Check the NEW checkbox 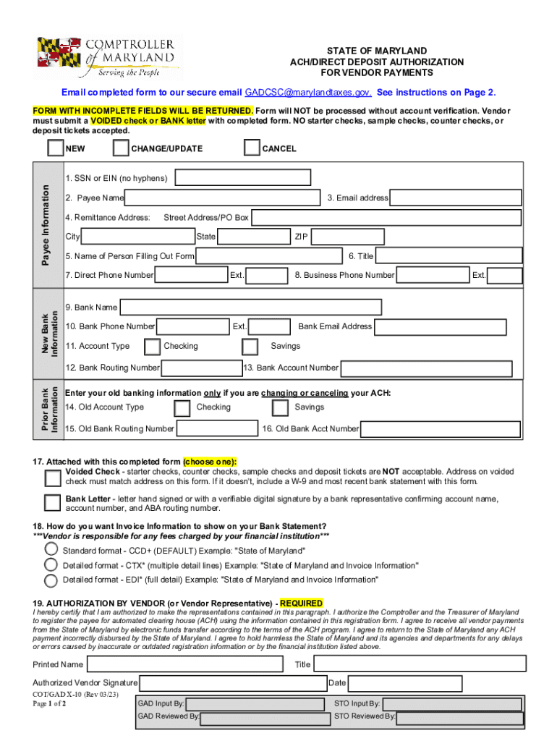55,148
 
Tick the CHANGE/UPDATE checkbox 121,148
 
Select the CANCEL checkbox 251,148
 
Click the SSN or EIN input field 242,178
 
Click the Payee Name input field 223,198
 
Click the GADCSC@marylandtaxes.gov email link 308,93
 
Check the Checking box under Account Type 152,347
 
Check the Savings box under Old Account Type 280,407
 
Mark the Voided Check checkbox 52,478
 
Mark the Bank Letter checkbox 52,503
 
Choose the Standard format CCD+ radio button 51,549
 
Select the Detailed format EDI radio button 51,580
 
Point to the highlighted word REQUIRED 301,604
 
